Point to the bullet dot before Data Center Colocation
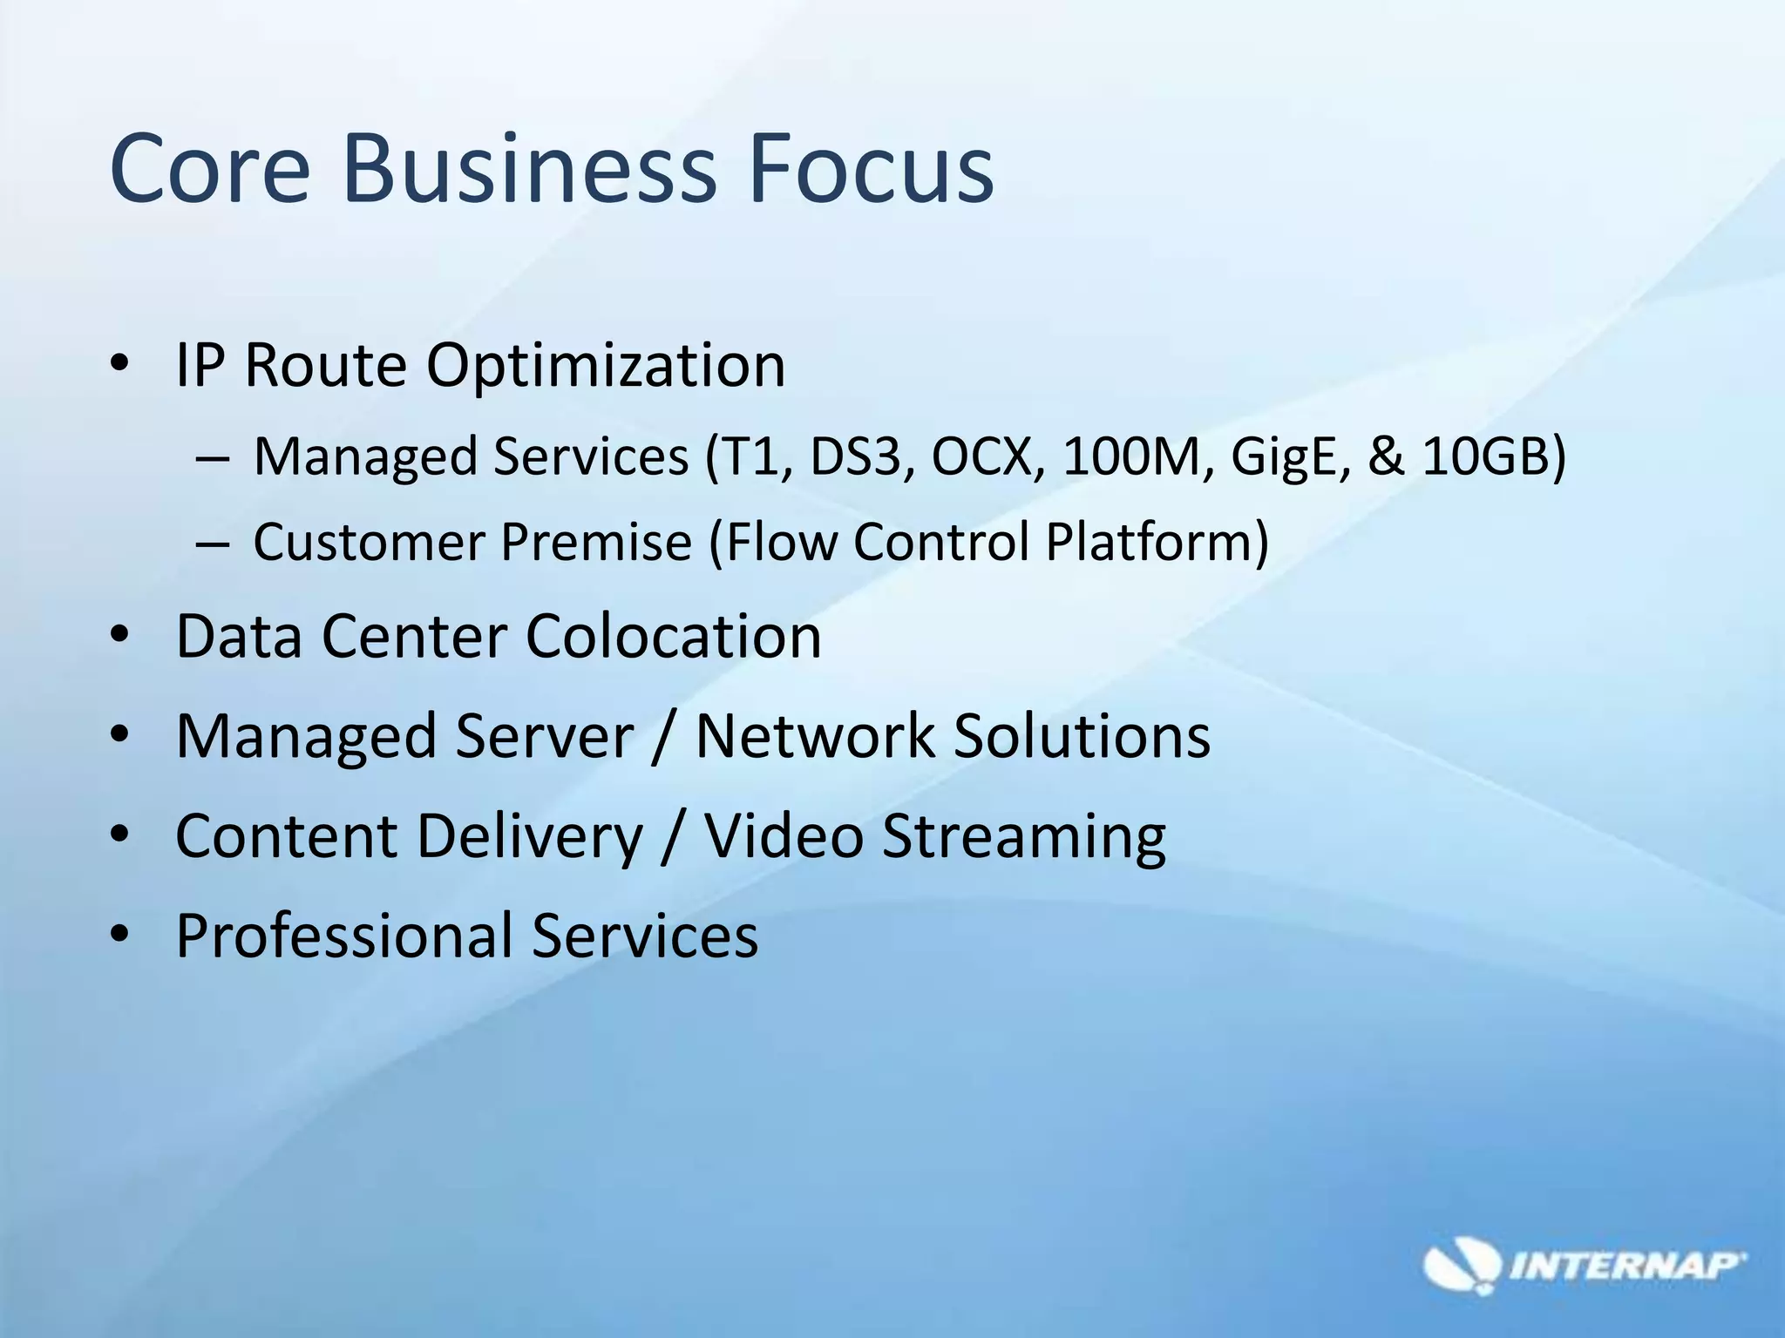(x=120, y=635)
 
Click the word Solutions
(x=1081, y=736)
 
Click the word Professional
(x=345, y=937)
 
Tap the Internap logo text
(x=1626, y=1266)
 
